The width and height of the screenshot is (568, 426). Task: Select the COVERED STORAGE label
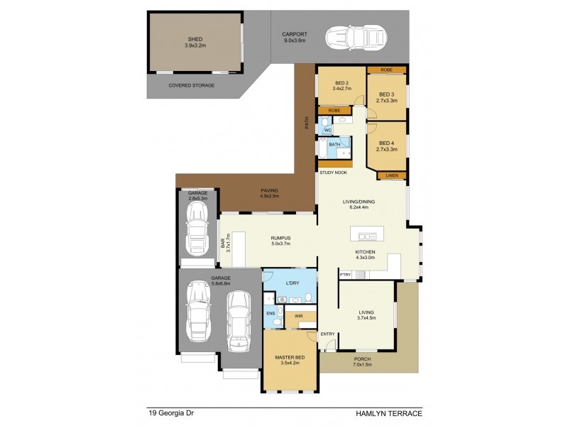tap(191, 85)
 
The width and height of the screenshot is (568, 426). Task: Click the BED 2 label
tap(342, 84)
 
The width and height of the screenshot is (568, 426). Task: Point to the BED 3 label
tap(387, 97)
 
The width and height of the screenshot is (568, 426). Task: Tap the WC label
tap(327, 131)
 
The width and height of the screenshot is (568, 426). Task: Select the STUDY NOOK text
tap(333, 173)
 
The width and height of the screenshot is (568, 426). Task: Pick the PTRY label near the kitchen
tap(346, 275)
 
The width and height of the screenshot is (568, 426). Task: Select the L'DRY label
tap(291, 283)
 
